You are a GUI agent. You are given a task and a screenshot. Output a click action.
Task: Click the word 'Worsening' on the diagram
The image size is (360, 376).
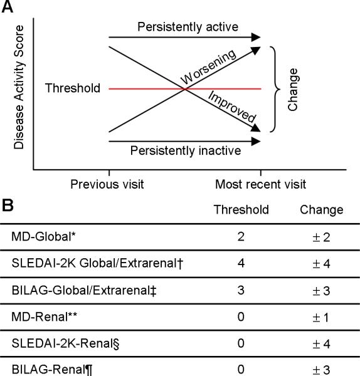click(209, 67)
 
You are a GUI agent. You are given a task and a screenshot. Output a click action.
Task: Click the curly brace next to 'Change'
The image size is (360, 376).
click(273, 88)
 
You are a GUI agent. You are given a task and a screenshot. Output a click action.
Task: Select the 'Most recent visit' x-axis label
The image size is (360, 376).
click(260, 184)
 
